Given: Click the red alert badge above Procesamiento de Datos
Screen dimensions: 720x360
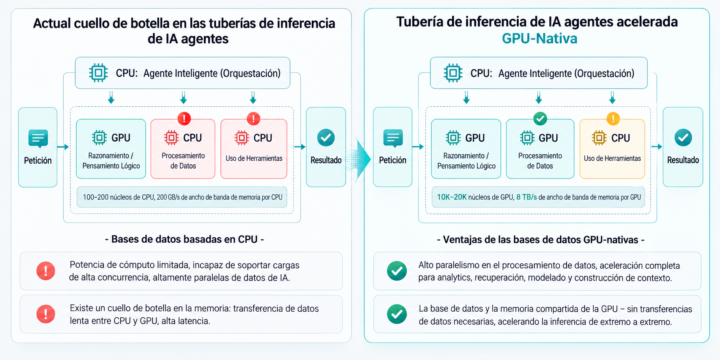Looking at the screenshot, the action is [x=184, y=119].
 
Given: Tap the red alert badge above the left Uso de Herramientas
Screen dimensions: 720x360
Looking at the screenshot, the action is [x=254, y=119].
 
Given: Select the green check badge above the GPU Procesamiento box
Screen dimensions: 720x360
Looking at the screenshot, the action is [x=540, y=119].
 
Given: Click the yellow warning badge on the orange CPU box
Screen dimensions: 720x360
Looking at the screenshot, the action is [x=613, y=119].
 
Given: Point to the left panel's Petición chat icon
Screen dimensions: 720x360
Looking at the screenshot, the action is [x=38, y=139].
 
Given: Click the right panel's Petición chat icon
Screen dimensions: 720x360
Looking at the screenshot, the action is [x=393, y=139].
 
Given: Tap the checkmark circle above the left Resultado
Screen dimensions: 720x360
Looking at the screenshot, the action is [x=326, y=138].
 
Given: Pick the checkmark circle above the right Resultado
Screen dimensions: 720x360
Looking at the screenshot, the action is [x=683, y=138].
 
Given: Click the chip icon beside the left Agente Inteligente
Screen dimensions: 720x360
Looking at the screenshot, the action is [x=98, y=73].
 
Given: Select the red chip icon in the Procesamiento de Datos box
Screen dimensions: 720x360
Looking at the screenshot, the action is [x=171, y=138].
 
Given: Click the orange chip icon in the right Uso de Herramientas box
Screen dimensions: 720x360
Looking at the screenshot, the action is [x=599, y=138].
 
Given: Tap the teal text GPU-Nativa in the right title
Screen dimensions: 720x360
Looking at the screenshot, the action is [x=539, y=39].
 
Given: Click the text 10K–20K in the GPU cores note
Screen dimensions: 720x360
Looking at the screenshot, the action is [x=451, y=197].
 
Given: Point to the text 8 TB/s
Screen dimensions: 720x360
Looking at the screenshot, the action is [x=526, y=197].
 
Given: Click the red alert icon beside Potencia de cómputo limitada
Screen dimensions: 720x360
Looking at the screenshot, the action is [x=46, y=271].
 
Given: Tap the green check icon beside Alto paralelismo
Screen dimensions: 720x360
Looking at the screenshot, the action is [x=397, y=271].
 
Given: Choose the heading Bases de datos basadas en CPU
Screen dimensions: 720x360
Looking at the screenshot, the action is [x=185, y=239].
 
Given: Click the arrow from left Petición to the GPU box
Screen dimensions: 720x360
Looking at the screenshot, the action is [x=63, y=147].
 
